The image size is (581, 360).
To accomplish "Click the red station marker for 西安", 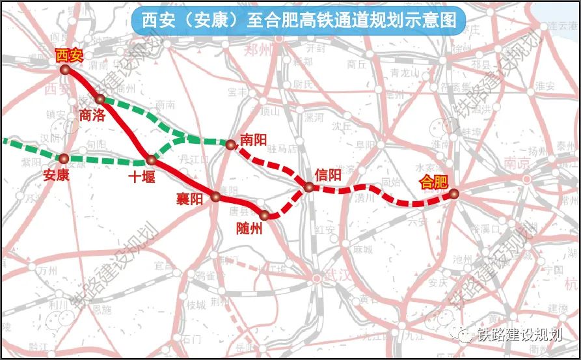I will point(64,70).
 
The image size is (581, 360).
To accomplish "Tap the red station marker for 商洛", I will point(100,99).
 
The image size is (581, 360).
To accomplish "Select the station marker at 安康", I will point(64,158).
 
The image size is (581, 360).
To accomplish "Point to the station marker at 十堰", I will point(151,159).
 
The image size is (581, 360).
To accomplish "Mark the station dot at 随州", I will point(264,215).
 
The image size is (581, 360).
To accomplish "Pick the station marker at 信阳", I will point(309,187).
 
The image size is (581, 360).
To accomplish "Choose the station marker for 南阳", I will point(230,145).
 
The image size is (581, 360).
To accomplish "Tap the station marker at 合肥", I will point(453,193).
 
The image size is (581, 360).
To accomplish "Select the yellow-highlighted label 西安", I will point(69,55).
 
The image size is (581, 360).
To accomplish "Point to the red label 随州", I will point(250,228).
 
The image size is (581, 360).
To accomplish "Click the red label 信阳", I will point(327,174).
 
